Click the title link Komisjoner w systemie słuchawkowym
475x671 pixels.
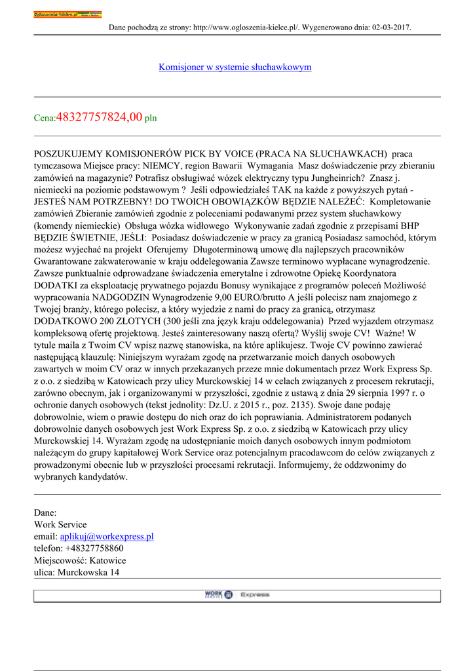tap(235, 67)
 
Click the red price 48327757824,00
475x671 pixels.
tap(100, 117)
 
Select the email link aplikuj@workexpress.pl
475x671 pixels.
tap(107, 537)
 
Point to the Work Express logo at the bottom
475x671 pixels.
tap(237, 594)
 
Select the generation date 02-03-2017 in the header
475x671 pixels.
tap(390, 27)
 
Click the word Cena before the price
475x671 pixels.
tap(45, 119)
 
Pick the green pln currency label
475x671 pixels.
tap(151, 119)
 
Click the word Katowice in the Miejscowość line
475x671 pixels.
tap(107, 560)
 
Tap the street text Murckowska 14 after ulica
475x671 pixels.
tap(88, 572)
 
